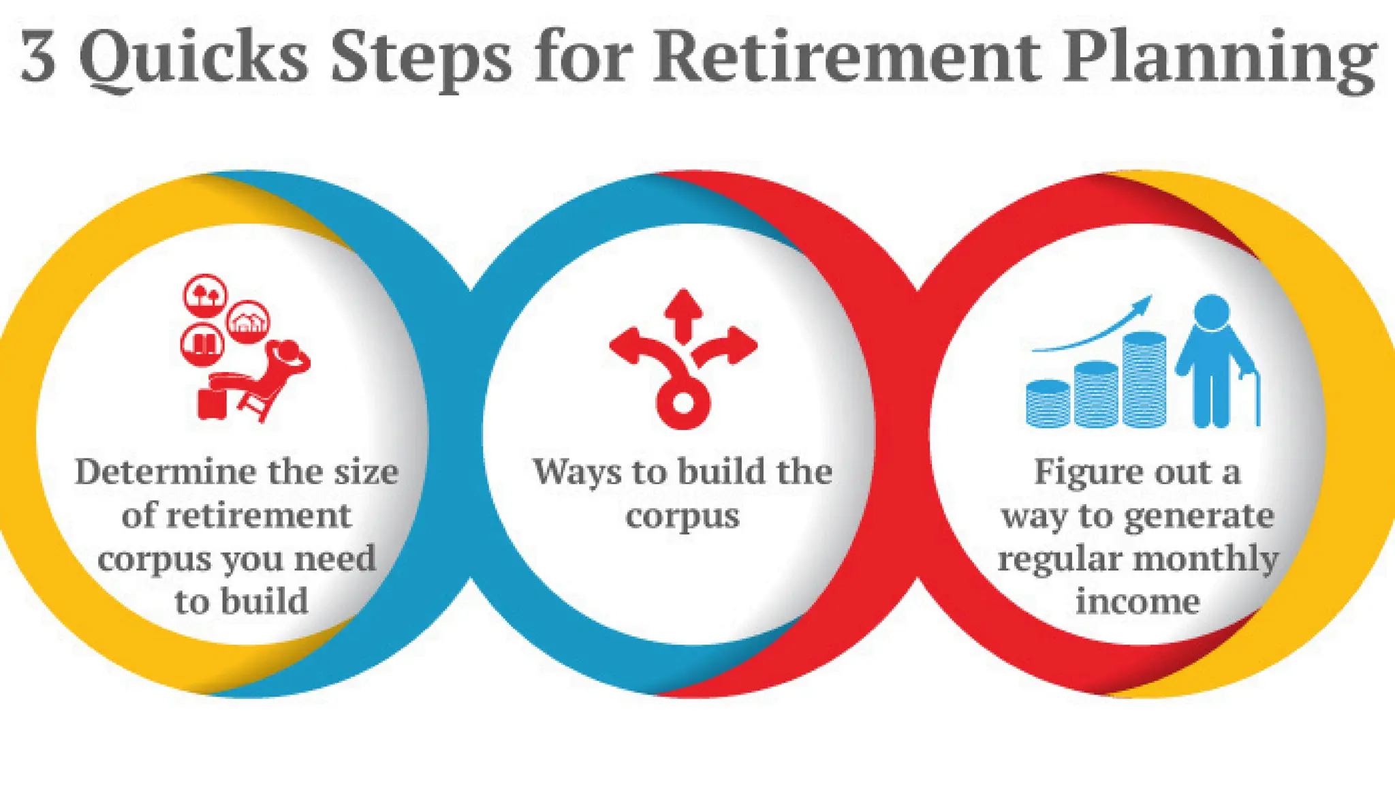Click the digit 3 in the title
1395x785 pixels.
(x=39, y=58)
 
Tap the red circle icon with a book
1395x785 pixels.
(x=202, y=343)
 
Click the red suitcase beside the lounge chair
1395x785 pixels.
(x=210, y=403)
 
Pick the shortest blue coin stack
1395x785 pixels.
(x=1048, y=403)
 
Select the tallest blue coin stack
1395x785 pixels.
(x=1144, y=379)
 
